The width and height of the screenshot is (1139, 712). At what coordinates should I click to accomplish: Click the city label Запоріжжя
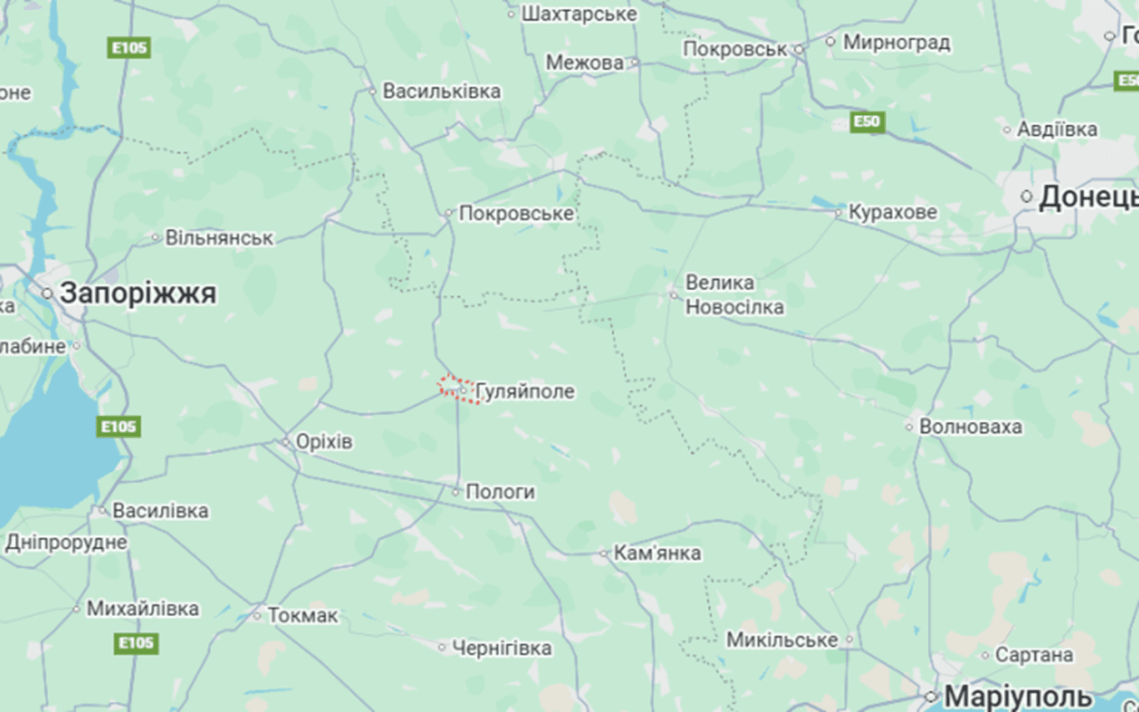138,293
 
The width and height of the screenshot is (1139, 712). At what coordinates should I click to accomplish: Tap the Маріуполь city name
1020,696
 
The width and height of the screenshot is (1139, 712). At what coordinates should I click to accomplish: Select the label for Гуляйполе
524,392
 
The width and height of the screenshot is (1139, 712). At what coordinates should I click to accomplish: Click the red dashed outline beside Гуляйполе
457,388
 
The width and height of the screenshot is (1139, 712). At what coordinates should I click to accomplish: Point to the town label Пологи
499,492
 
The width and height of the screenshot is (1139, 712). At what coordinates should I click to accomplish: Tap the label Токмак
303,616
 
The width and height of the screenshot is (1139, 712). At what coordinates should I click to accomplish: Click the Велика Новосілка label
734,295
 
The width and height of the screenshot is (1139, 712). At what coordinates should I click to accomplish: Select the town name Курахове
892,213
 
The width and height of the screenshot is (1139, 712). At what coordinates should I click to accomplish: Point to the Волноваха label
970,427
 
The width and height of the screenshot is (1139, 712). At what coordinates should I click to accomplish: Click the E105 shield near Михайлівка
137,643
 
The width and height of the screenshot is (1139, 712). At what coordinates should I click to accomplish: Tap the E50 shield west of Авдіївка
867,123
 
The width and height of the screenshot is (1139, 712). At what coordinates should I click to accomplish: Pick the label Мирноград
896,42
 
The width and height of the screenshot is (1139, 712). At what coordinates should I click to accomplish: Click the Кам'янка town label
657,553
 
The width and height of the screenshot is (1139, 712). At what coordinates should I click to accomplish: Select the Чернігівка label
501,648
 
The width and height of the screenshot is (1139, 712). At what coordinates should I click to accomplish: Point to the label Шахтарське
579,14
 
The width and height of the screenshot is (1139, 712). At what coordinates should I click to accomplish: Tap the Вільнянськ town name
218,238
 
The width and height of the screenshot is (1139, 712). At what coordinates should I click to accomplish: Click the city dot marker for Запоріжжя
48,293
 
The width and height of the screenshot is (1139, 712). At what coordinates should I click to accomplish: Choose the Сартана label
1033,655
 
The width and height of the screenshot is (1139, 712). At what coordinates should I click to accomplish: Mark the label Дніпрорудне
67,543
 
